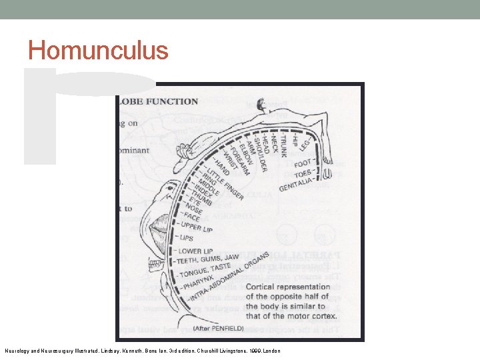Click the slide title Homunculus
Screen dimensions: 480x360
click(x=98, y=51)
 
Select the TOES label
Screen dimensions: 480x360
click(x=303, y=174)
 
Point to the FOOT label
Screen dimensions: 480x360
click(x=303, y=163)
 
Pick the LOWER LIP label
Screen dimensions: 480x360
click(x=195, y=251)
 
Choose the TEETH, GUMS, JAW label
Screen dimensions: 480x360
click(x=208, y=259)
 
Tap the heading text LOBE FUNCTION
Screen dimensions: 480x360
click(x=157, y=101)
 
